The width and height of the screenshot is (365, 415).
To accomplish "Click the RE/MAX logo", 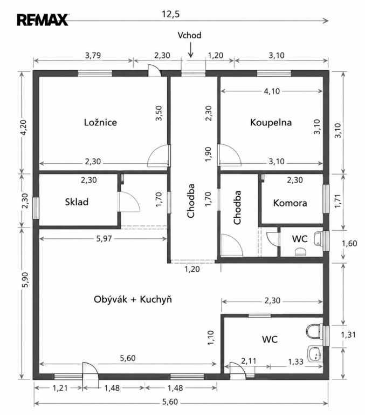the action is click(x=43, y=20).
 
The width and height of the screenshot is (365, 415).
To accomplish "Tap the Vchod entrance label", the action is click(x=189, y=35).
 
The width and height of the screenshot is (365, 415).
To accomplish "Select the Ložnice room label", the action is click(x=100, y=122).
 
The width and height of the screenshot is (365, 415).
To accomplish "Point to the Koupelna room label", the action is click(x=271, y=123).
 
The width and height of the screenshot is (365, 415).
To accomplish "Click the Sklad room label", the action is click(x=77, y=202).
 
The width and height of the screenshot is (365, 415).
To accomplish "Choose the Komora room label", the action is click(x=290, y=203).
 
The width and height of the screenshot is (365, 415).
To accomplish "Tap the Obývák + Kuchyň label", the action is click(x=133, y=299).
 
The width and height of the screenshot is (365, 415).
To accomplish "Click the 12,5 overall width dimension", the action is click(x=170, y=14).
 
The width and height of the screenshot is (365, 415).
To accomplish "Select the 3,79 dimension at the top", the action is click(x=93, y=55).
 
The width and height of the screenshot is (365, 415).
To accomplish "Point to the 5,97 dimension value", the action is click(x=104, y=239).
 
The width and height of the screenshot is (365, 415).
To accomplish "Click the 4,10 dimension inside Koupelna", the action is click(x=272, y=91).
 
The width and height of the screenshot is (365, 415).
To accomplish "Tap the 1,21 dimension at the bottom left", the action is click(x=60, y=388).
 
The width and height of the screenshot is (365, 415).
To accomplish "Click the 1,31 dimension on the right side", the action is click(x=348, y=335).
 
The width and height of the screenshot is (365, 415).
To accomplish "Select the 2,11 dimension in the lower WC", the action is click(x=249, y=361).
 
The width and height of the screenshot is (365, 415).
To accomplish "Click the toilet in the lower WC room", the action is click(x=314, y=331).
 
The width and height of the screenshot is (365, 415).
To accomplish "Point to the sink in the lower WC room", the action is click(x=315, y=353).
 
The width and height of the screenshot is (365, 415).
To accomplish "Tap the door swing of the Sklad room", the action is click(x=129, y=202).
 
